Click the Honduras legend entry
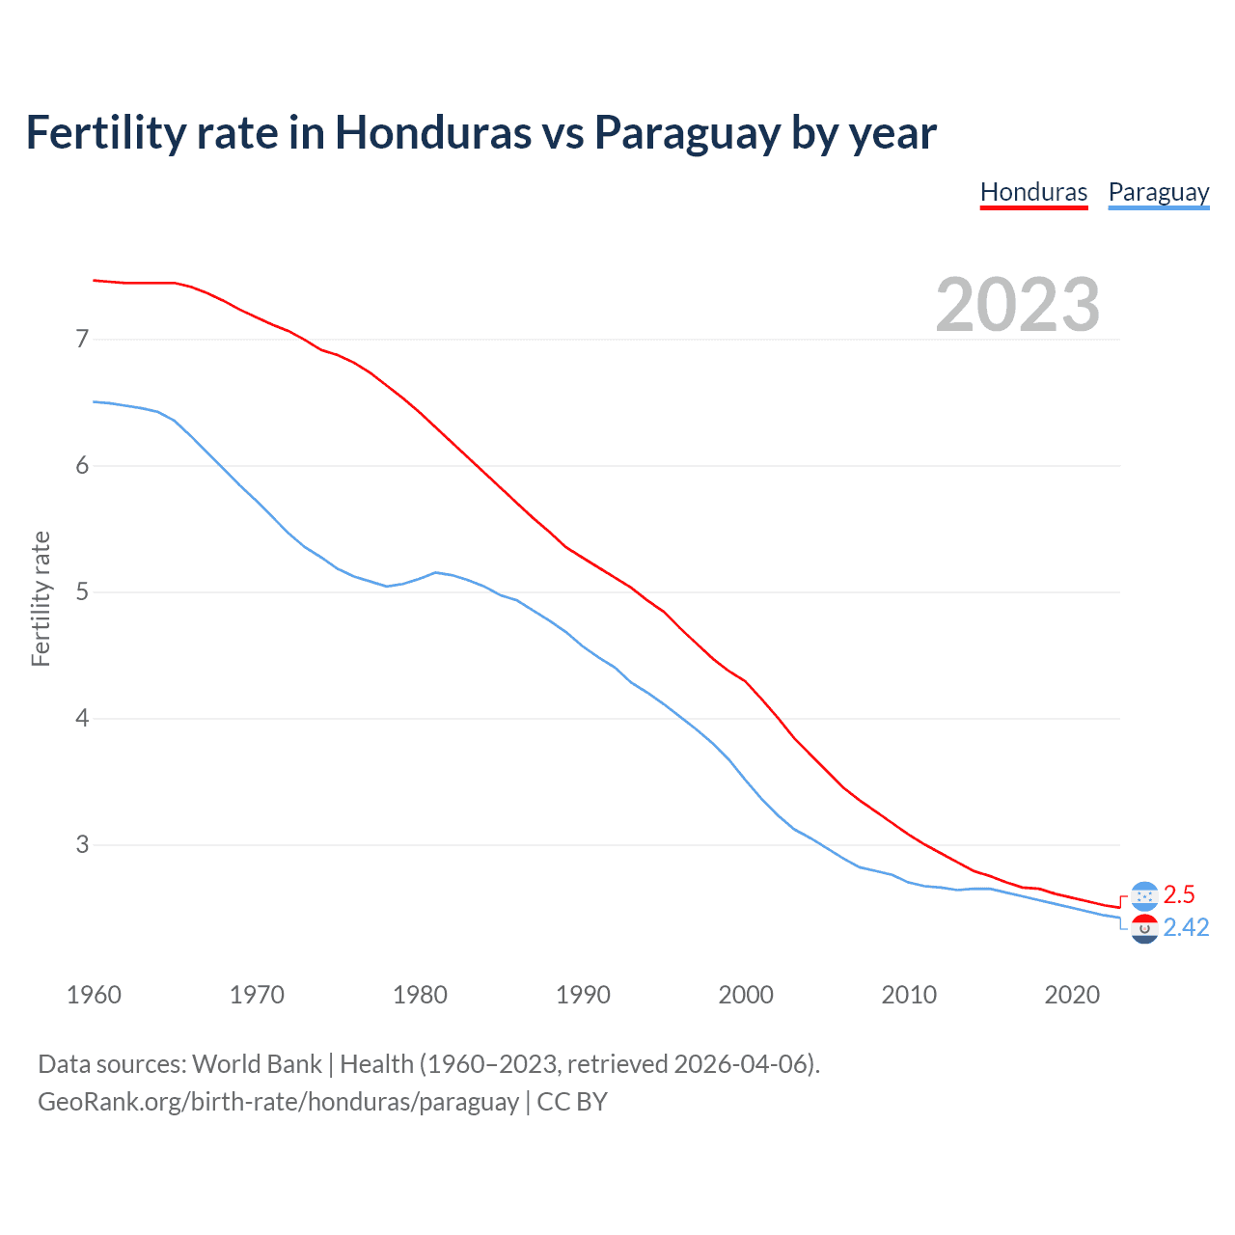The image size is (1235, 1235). click(x=1033, y=192)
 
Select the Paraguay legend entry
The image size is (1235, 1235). click(x=1158, y=192)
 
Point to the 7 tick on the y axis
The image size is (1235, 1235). click(x=82, y=339)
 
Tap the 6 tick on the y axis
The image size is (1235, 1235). click(x=82, y=465)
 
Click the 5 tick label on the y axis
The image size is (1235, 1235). click(x=82, y=591)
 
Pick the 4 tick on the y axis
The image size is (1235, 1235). click(x=82, y=718)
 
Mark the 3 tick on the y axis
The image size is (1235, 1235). click(x=82, y=844)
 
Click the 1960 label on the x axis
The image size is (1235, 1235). click(x=94, y=995)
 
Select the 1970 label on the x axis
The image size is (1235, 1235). click(x=257, y=995)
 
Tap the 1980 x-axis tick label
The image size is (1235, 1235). click(x=420, y=995)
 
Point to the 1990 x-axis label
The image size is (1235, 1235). click(x=583, y=995)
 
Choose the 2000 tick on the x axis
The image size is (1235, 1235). click(x=746, y=995)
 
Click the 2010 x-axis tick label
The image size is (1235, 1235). click(x=909, y=995)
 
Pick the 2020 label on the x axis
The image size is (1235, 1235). click(x=1072, y=995)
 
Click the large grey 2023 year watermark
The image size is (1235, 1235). click(x=1017, y=305)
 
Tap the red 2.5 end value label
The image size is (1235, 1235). click(x=1179, y=894)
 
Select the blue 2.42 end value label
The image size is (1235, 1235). click(x=1186, y=927)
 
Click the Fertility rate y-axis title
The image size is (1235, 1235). click(x=41, y=598)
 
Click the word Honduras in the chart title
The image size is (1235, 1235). click(x=432, y=132)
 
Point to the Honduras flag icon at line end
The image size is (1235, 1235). click(x=1143, y=895)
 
